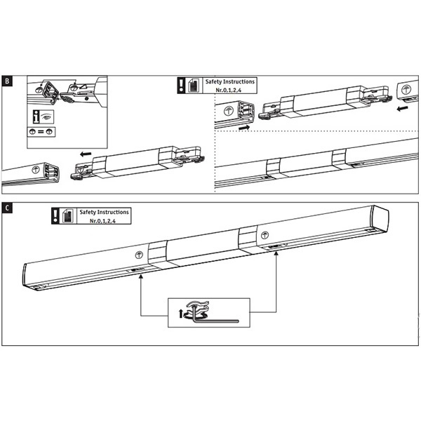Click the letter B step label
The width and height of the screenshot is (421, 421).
(x=7, y=81)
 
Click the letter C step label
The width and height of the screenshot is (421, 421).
(x=7, y=208)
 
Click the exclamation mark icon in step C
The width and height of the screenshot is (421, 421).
(x=55, y=215)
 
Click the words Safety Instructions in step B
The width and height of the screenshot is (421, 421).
(x=230, y=82)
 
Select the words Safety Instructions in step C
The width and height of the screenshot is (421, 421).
(x=104, y=211)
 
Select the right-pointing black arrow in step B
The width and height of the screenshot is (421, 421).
(x=243, y=128)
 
